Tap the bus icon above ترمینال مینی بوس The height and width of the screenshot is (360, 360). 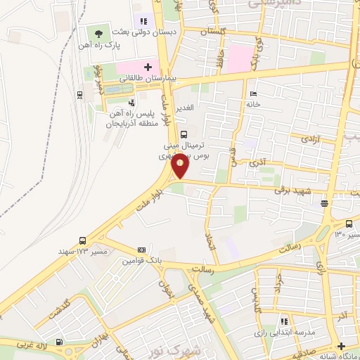coord(184,134)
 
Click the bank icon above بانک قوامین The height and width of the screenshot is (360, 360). coord(141,250)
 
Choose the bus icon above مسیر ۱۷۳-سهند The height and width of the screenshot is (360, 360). coord(84,240)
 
